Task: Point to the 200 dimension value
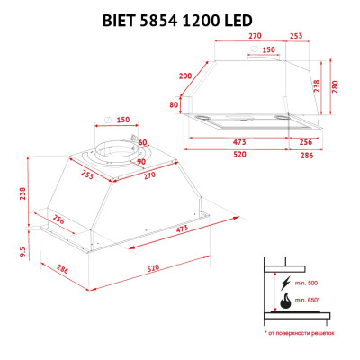click(186, 76)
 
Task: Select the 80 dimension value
click(174, 104)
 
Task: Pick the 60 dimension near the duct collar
click(142, 142)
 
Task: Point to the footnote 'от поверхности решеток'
click(301, 334)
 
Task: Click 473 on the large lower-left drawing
click(183, 229)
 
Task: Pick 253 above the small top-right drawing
click(296, 37)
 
